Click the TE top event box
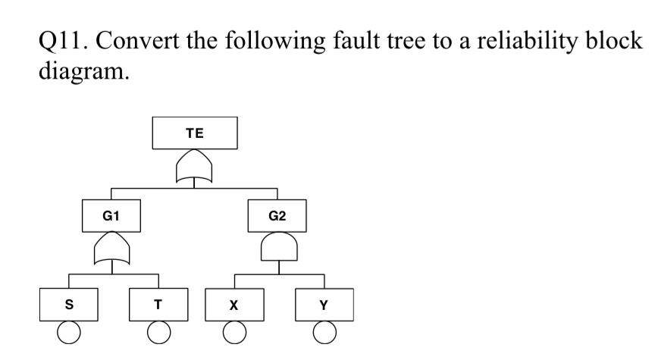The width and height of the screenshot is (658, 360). pyautogui.click(x=195, y=133)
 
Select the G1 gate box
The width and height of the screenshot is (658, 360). pyautogui.click(x=110, y=216)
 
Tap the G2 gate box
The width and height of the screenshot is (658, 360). pyautogui.click(x=277, y=216)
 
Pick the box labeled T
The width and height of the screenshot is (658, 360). pyautogui.click(x=158, y=305)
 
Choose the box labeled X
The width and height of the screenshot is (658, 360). pyautogui.click(x=234, y=305)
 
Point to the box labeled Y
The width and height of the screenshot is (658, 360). pyautogui.click(x=324, y=305)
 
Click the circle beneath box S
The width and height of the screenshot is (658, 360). pyautogui.click(x=70, y=333)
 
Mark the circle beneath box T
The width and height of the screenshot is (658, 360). pyautogui.click(x=158, y=333)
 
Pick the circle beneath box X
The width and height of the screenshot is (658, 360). pyautogui.click(x=235, y=333)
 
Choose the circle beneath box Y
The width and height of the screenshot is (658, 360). pyautogui.click(x=324, y=333)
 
